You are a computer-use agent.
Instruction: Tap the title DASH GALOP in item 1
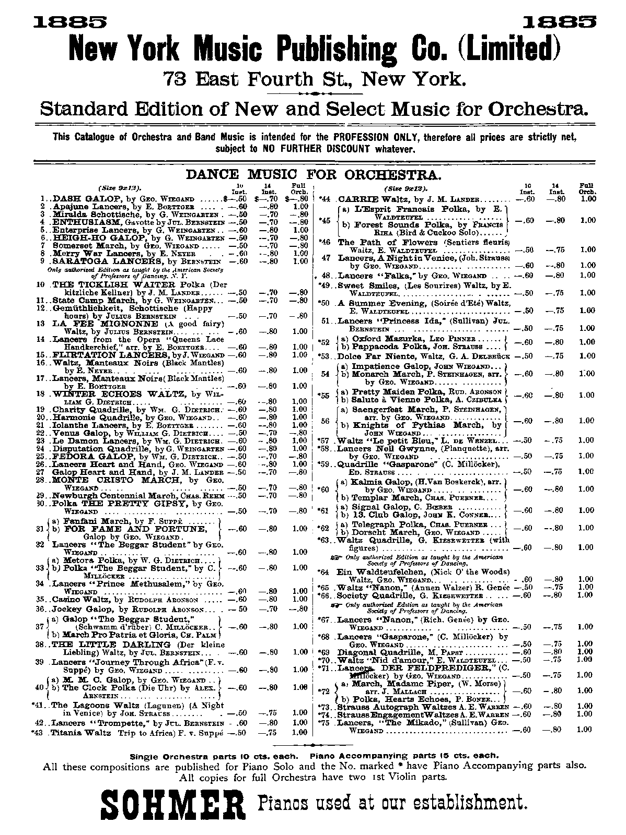pyautogui.click(x=79, y=199)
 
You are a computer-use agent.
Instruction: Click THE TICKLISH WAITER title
pyautogui.click(x=113, y=284)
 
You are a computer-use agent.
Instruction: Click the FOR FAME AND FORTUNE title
pyautogui.click(x=127, y=529)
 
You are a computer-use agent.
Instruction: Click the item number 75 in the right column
pyautogui.click(x=326, y=723)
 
